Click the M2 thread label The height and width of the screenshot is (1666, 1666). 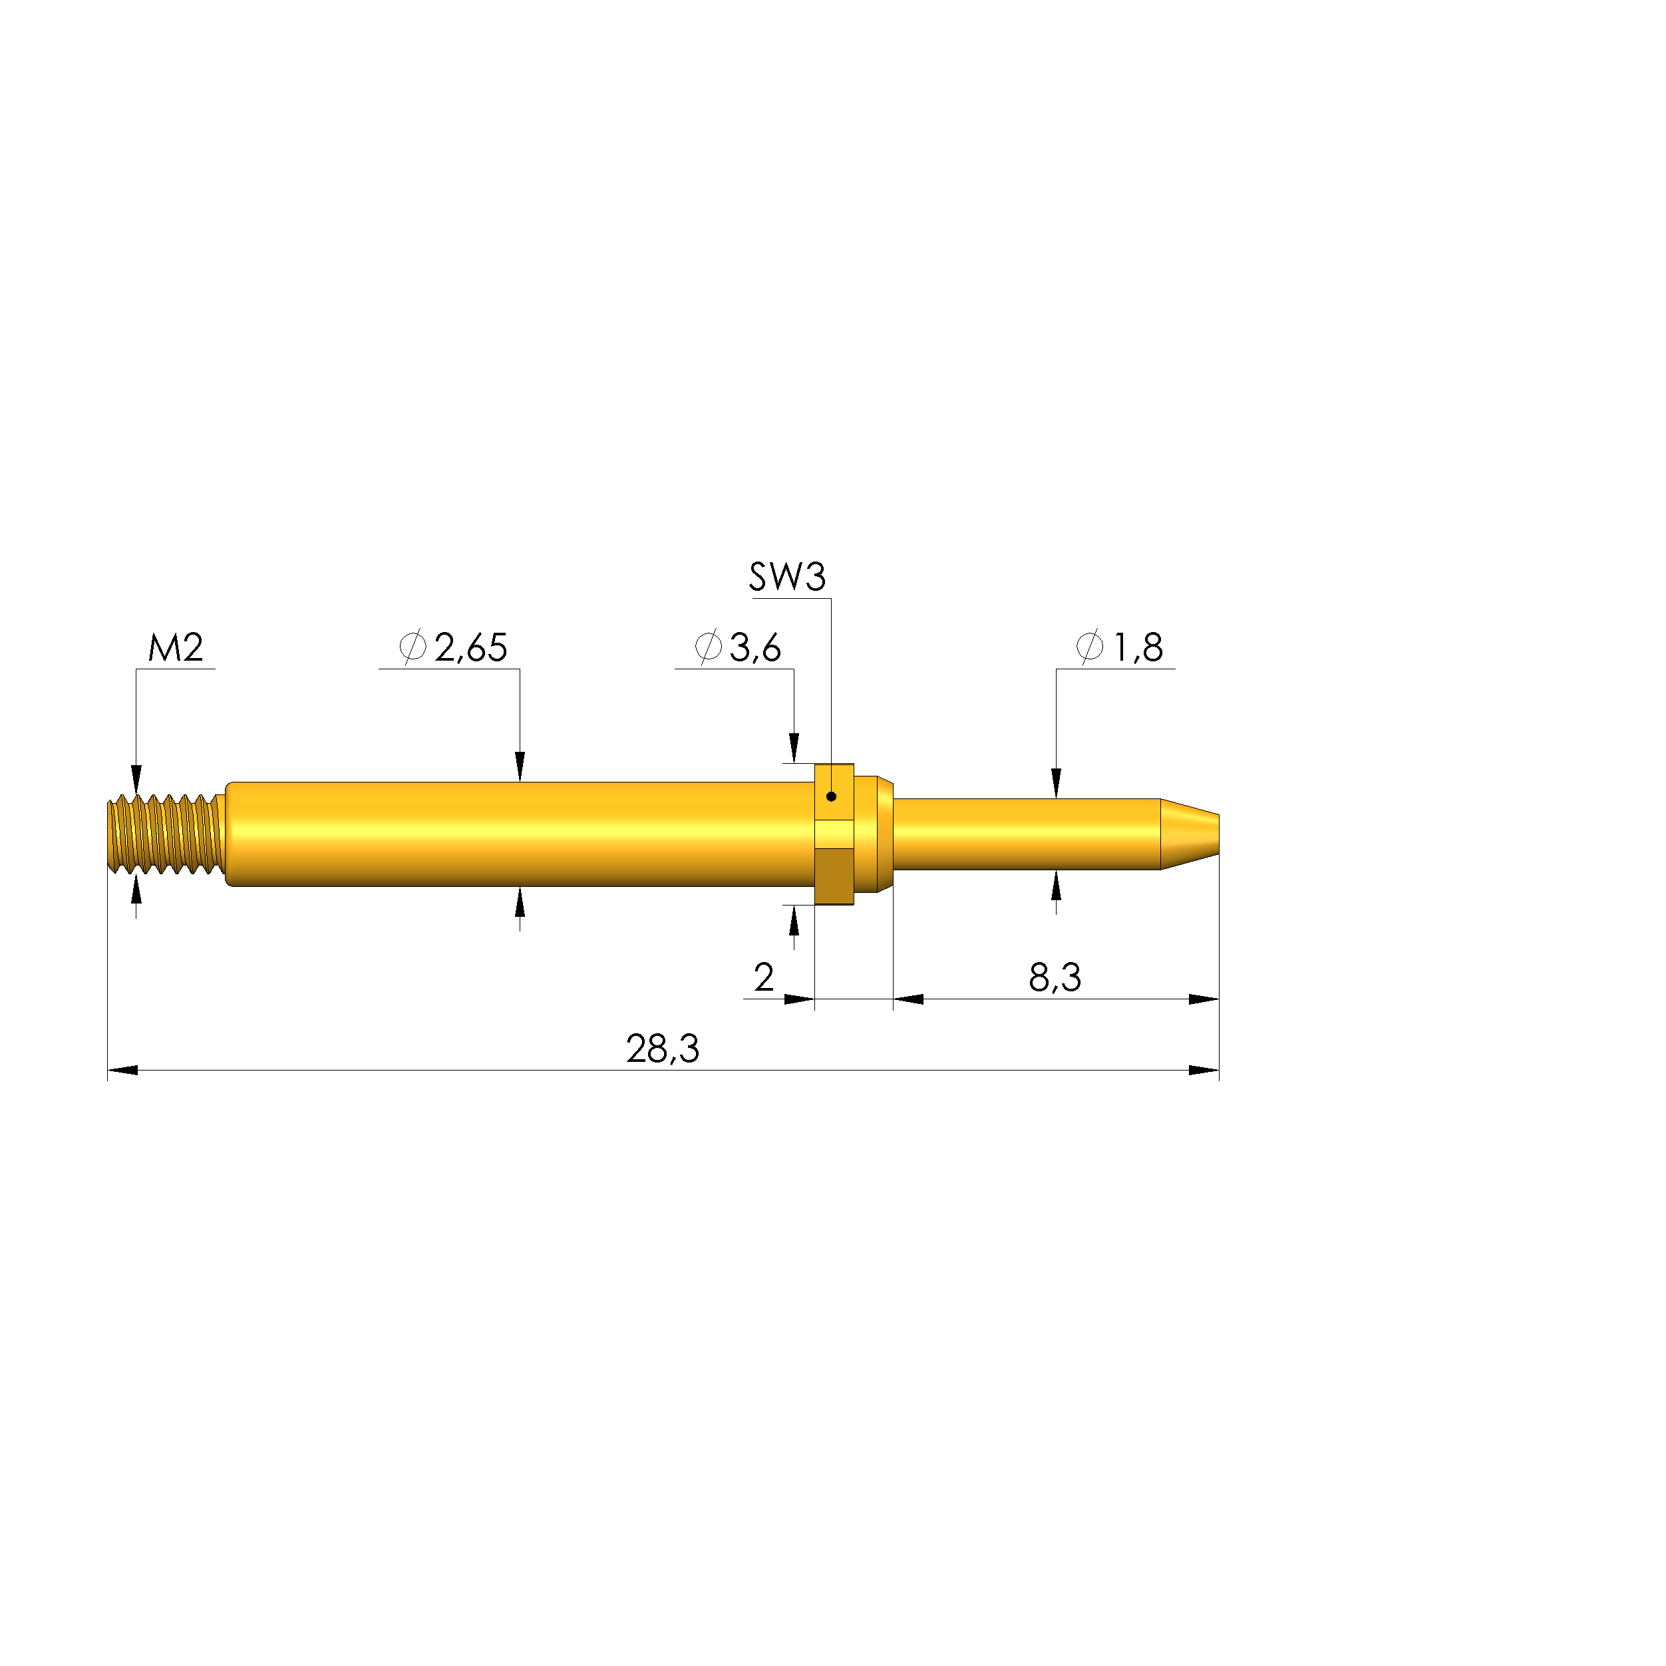(176, 647)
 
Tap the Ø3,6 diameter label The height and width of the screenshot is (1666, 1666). (738, 647)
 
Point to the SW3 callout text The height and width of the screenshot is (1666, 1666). (787, 577)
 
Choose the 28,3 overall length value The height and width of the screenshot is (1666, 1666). (662, 1049)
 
